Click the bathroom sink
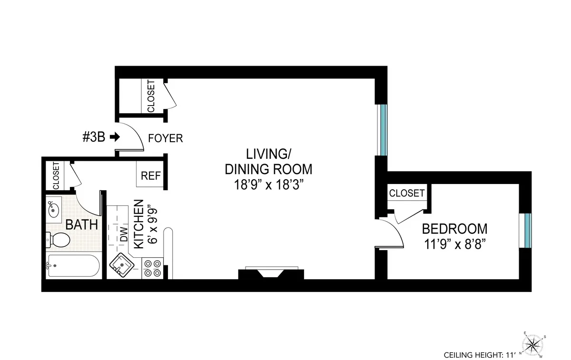point(54,209)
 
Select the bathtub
point(74,266)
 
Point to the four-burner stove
point(152,268)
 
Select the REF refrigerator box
point(150,175)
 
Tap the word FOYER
point(165,138)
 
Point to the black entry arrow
point(115,137)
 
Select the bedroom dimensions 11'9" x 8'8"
point(454,244)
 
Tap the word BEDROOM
point(454,229)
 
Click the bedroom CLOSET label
point(407,193)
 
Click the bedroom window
point(527,231)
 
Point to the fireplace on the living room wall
point(271,273)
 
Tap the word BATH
point(81,224)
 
